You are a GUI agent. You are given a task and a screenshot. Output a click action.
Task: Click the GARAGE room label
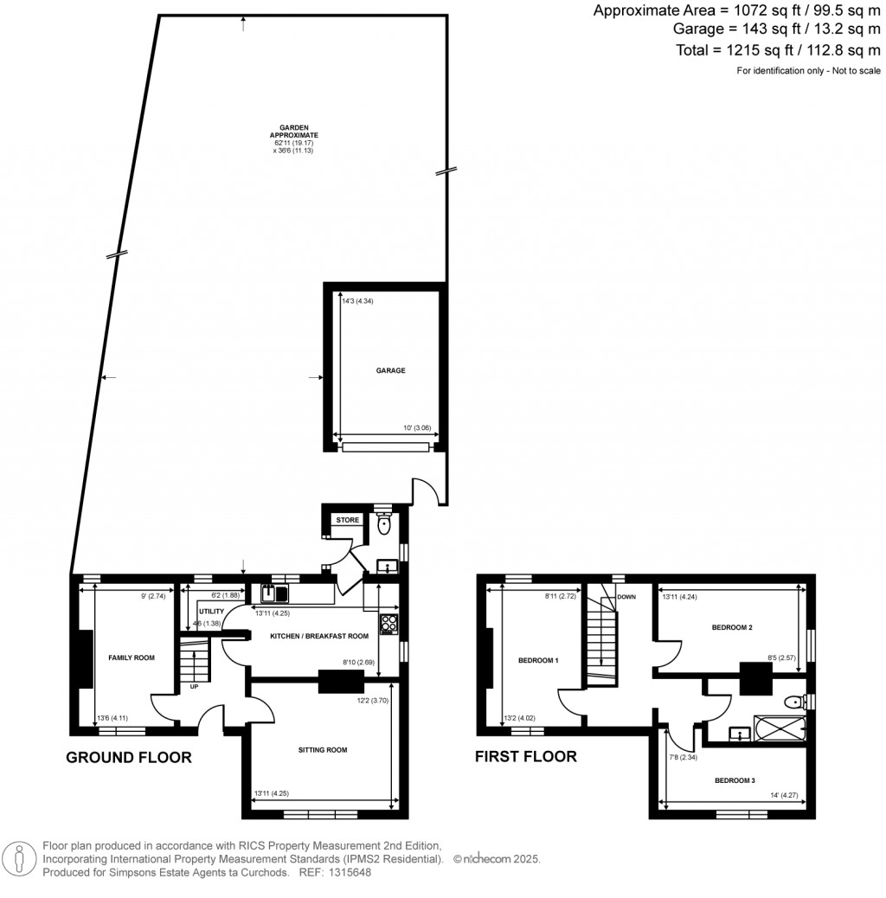(x=390, y=370)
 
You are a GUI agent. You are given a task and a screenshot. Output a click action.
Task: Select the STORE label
(x=347, y=520)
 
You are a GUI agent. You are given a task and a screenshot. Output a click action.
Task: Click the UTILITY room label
(x=211, y=612)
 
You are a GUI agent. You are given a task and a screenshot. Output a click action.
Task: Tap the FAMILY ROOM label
(x=132, y=658)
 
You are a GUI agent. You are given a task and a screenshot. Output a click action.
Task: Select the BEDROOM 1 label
(x=538, y=661)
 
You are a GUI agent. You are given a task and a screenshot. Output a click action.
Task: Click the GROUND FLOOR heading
(x=129, y=758)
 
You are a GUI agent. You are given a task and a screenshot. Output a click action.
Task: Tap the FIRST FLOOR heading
(x=525, y=756)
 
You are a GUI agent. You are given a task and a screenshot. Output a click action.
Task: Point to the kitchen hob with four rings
(x=388, y=623)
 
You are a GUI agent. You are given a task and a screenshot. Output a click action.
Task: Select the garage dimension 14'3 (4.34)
(x=357, y=301)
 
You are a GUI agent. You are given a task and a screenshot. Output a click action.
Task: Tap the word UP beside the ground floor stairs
(x=194, y=688)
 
